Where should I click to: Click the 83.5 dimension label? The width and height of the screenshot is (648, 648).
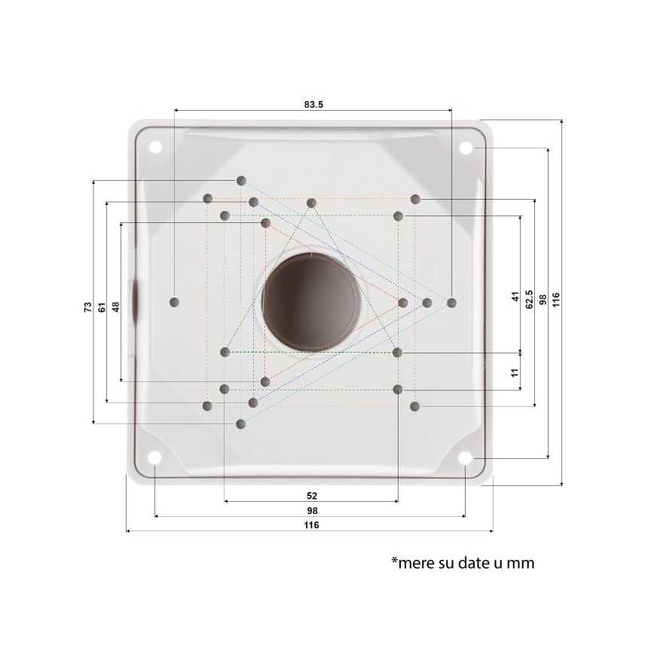[x=313, y=105]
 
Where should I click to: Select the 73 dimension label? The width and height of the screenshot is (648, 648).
[x=87, y=307]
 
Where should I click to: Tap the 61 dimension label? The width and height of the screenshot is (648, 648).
[x=102, y=307]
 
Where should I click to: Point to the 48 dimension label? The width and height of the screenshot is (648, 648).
[x=116, y=307]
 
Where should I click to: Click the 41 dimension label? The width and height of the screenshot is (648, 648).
[x=515, y=297]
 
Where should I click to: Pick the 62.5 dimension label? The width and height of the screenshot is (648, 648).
[x=529, y=299]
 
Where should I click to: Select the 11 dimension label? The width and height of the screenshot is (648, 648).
[x=515, y=372]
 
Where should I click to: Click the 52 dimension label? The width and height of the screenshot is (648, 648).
[x=312, y=496]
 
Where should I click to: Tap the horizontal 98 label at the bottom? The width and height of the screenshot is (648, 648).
[x=313, y=510]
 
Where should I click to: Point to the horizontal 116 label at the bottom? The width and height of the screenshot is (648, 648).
[x=312, y=525]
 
